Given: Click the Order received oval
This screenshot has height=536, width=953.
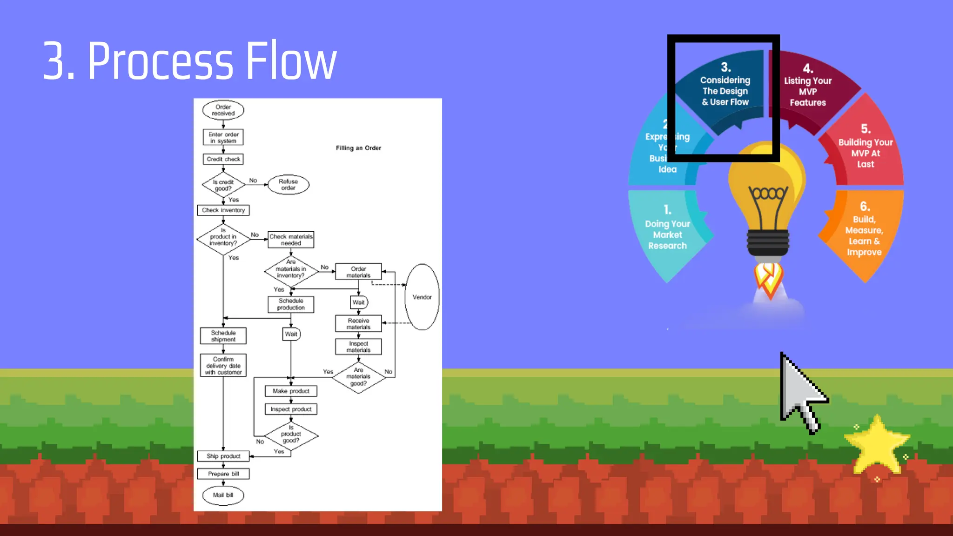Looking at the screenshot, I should pos(223,110).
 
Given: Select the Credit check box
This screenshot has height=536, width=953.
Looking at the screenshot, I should pos(223,159).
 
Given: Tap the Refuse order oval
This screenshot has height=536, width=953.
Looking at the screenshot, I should pos(288,185).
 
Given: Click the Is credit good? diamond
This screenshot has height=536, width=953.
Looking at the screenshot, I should pos(223,185).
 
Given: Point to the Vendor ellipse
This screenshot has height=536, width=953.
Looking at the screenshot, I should pos(422,297).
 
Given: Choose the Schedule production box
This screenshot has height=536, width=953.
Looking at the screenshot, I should pos(291,304).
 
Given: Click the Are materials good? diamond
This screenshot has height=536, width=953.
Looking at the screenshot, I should pos(358,377).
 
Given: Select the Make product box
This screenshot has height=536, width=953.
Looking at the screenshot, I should pos(291,391).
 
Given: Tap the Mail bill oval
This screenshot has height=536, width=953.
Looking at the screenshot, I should pos(223,495).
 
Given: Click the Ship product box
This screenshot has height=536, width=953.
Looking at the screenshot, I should pos(223,456).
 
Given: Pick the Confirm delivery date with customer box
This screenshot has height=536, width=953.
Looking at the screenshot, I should pos(223,366).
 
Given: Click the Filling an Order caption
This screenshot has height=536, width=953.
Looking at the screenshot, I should pos(358,148).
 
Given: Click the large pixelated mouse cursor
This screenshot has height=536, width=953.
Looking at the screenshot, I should pos(800,391).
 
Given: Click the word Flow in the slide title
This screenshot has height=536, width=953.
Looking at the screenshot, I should pos(291,60).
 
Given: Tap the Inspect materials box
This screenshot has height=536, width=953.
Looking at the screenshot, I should pos(358,347).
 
